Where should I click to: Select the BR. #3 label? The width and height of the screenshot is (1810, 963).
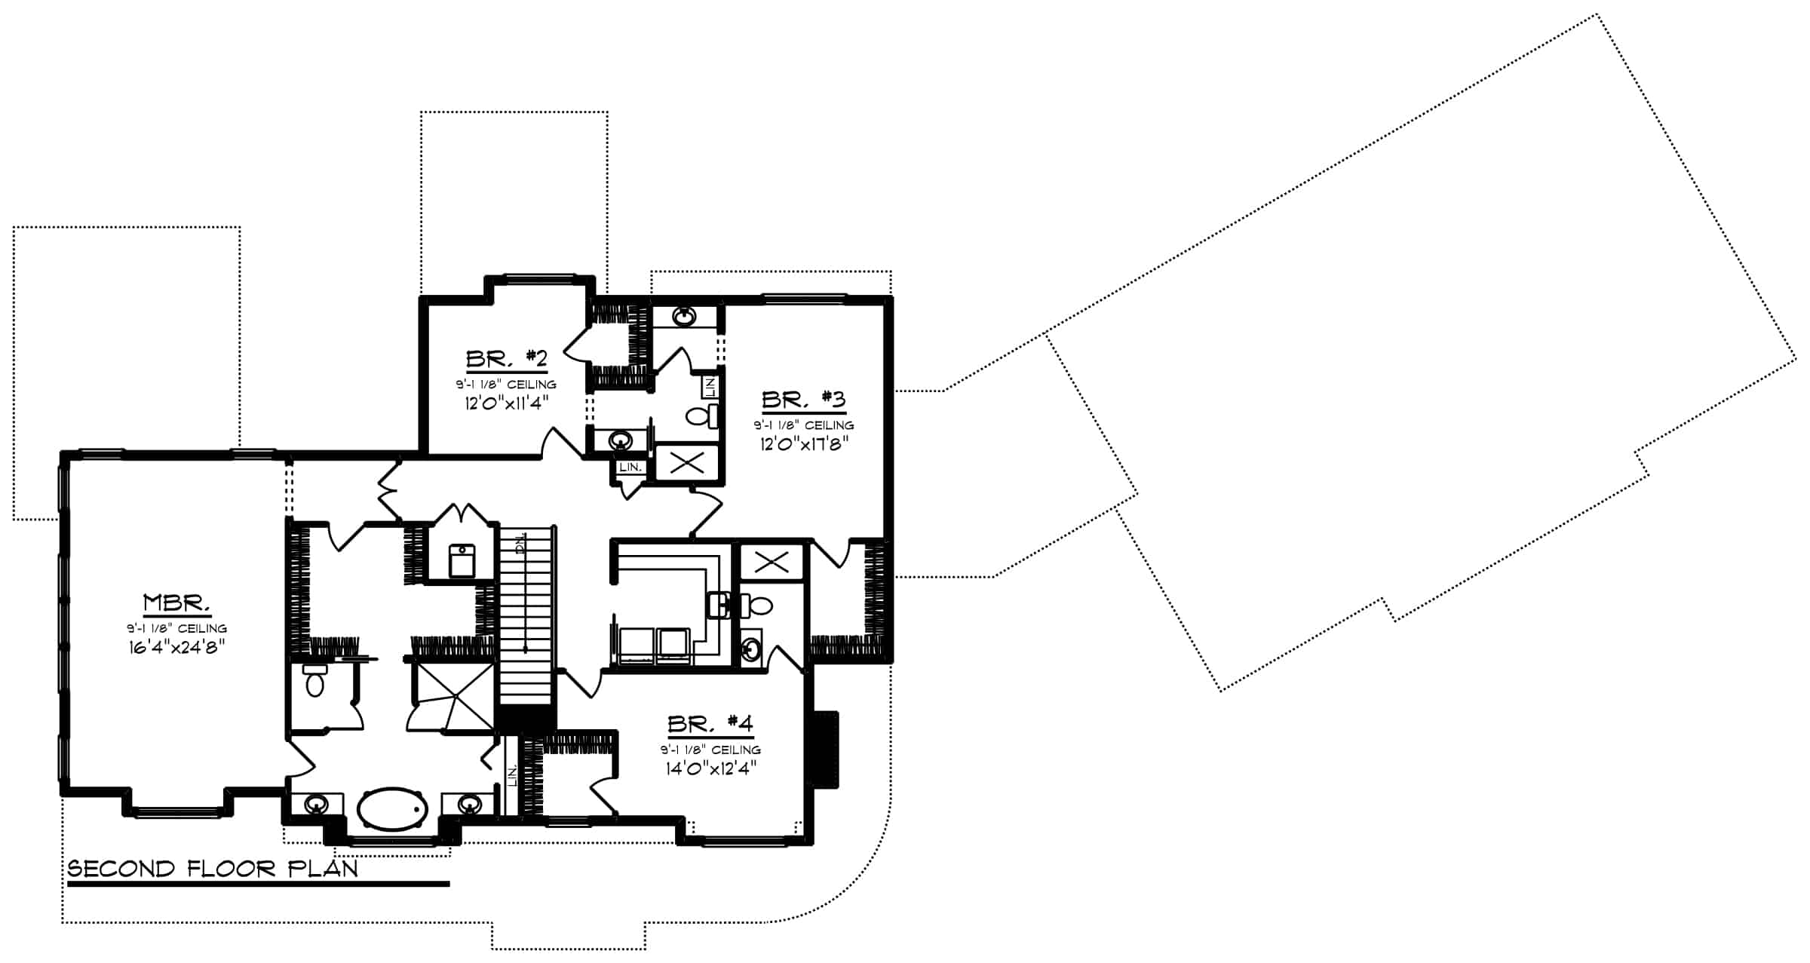click(803, 399)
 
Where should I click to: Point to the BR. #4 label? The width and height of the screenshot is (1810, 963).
click(710, 725)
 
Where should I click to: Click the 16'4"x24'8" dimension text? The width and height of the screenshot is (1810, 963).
click(176, 646)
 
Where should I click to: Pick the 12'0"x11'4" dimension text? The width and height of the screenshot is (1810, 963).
click(506, 402)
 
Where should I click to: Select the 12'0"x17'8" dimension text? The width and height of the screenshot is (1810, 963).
click(805, 443)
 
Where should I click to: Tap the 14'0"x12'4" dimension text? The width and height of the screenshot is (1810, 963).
click(710, 768)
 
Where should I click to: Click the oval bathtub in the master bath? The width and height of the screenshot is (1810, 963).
click(392, 809)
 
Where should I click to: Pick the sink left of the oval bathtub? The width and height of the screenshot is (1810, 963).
click(316, 805)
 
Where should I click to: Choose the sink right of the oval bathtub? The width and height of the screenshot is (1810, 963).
click(469, 805)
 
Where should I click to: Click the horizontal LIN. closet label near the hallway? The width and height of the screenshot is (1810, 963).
click(630, 468)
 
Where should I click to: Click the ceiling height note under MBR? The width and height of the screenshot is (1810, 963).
click(176, 628)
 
